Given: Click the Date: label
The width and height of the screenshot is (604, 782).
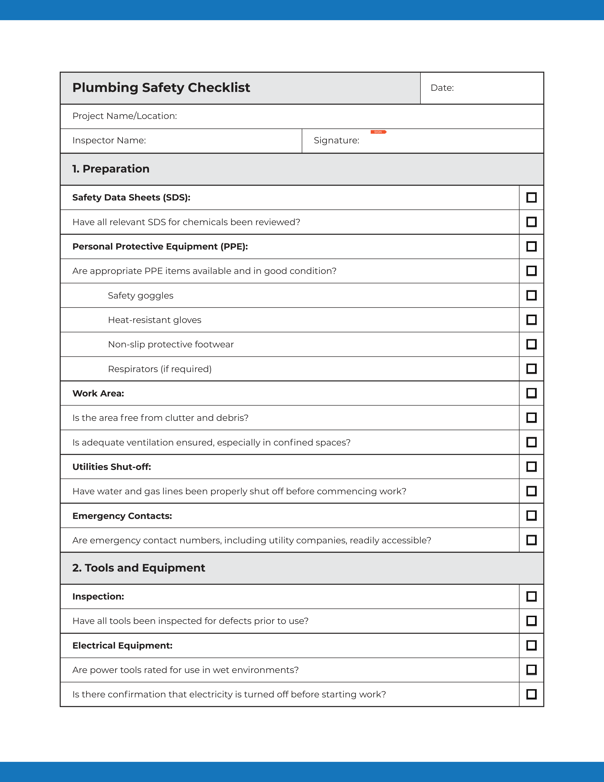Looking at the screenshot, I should (x=442, y=88).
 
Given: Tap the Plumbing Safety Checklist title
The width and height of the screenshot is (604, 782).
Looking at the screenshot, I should (x=161, y=88).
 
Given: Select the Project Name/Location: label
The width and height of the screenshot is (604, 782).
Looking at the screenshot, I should (x=125, y=116).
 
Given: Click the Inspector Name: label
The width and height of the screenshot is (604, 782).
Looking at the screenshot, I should (x=109, y=140).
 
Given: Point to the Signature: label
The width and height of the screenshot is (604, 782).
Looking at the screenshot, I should (x=336, y=140).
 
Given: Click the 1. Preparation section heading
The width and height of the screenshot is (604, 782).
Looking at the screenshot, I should (x=111, y=169).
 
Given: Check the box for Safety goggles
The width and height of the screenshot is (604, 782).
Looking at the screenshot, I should (x=531, y=296).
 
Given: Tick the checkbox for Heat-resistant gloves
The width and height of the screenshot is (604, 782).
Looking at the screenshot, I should (x=531, y=320).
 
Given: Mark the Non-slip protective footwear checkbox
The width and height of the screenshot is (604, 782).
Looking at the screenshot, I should (x=531, y=344).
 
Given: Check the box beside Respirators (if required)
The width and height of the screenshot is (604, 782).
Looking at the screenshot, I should (x=531, y=369).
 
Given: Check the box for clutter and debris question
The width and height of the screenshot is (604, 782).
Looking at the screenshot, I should (x=531, y=418).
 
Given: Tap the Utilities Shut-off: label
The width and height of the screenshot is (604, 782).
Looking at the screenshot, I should (x=112, y=467).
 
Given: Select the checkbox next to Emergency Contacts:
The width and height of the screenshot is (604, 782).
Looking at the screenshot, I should (x=531, y=516).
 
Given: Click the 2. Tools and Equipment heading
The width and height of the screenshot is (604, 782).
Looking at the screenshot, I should (x=139, y=568).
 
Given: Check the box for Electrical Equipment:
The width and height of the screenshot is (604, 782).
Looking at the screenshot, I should (x=531, y=645).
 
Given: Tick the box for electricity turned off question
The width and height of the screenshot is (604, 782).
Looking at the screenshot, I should (x=531, y=694).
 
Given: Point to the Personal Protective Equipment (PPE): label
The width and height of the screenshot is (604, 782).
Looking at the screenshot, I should (x=160, y=247).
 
